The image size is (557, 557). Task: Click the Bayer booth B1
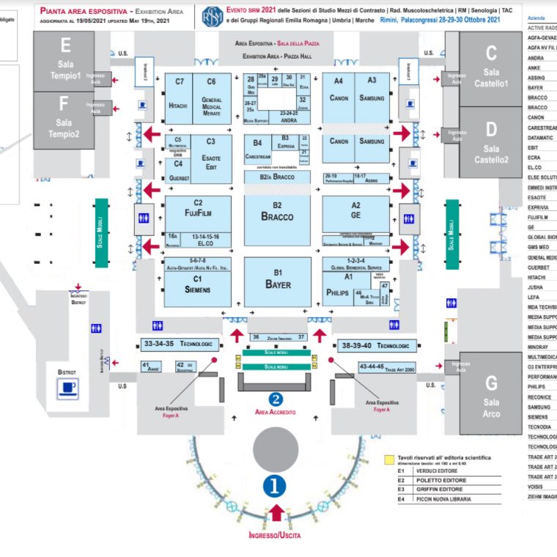[x=278, y=281]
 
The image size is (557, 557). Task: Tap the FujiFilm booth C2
[x=198, y=213]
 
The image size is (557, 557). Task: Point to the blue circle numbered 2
[x=276, y=399]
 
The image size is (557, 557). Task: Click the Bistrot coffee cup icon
[x=67, y=389]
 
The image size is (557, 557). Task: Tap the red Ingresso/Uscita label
[x=275, y=535]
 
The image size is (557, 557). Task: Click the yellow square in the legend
[x=390, y=460]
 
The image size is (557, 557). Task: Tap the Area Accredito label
[x=276, y=413]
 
